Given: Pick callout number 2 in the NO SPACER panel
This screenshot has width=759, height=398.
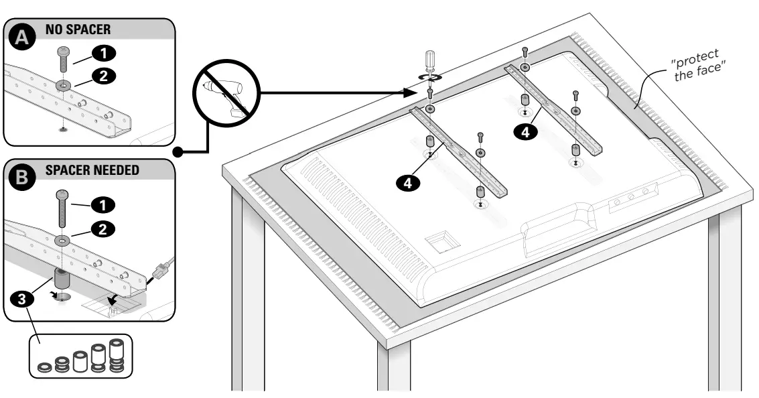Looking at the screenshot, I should [x=102, y=76].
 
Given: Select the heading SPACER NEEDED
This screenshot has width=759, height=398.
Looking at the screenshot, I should [x=92, y=170].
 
